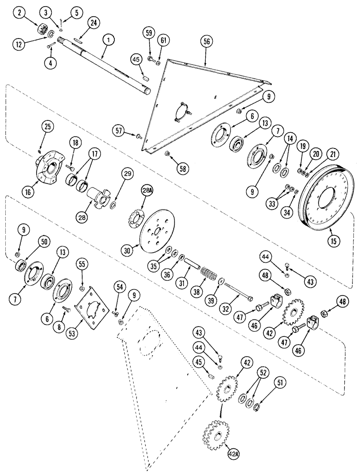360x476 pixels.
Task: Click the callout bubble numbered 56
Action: coord(205,42)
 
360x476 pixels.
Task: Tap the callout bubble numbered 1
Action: coord(109,41)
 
